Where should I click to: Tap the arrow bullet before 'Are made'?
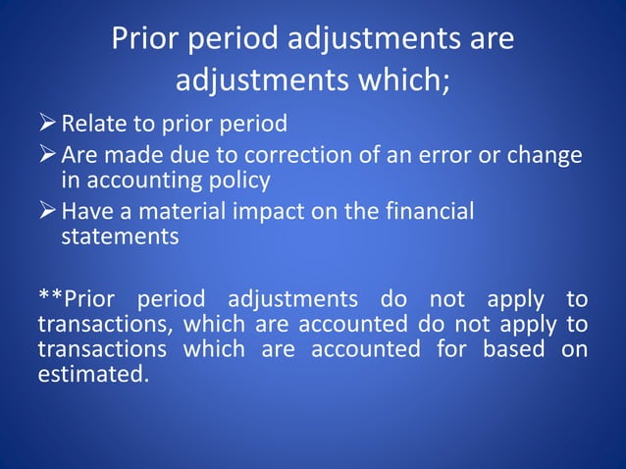pos(47,157)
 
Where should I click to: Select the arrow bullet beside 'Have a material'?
pos(47,212)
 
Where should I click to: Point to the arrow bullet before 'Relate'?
pos(47,125)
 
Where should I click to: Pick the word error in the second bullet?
pos(462,157)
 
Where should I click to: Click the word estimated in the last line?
pos(93,374)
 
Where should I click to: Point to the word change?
pos(546,157)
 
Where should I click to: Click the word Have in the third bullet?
pos(85,212)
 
